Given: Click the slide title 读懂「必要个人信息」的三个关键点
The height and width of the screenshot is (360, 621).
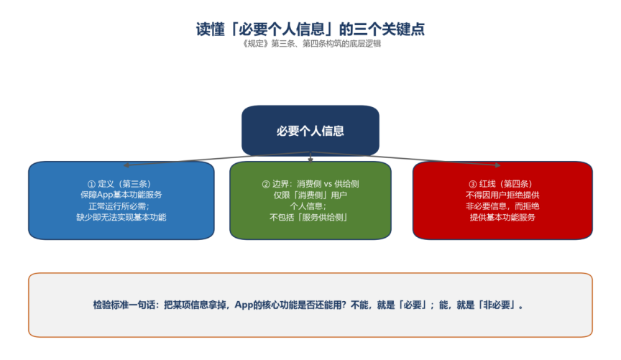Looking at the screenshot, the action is tap(310, 29).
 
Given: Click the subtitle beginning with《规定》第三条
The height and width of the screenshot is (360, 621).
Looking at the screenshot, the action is tap(311, 44).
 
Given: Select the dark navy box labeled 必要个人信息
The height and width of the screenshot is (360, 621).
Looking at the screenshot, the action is tap(310, 130).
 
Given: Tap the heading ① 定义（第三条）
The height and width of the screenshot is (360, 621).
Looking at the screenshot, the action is tap(119, 184).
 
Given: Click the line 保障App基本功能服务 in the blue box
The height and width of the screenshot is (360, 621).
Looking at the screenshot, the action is tap(121, 195).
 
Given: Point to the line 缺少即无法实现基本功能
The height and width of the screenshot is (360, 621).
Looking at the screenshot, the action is tap(121, 217).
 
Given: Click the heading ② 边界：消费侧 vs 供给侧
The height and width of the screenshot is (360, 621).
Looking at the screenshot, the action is tap(310, 184).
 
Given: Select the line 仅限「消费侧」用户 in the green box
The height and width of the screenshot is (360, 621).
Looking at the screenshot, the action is tap(310, 195).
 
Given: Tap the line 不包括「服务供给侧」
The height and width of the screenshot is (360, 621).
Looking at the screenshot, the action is tap(308, 217).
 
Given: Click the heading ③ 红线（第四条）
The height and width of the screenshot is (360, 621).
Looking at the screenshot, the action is tap(501, 184).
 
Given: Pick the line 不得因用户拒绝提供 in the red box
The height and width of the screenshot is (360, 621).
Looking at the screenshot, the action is tap(502, 195).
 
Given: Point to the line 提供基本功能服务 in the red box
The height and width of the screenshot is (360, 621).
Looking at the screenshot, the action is tap(502, 217).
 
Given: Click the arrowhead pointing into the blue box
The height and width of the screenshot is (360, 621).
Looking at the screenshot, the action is tap(126, 165).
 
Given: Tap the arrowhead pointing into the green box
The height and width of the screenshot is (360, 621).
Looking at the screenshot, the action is tap(310, 160).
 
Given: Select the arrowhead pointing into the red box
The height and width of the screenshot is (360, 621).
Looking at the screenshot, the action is tap(498, 165).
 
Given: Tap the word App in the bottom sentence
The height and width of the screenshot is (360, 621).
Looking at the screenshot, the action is tap(244, 305).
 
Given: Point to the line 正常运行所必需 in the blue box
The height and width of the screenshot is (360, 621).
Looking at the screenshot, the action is tap(119, 206).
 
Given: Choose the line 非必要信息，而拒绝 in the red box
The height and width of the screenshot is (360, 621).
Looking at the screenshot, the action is tap(502, 206).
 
